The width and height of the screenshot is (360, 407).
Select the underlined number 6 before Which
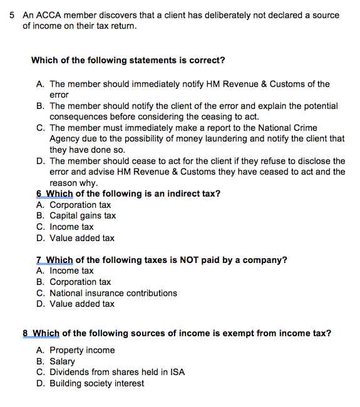[39, 193]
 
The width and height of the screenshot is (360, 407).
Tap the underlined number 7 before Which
[39, 260]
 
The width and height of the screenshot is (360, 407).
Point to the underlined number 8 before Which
[26, 333]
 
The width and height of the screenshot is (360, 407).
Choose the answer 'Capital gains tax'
[83, 216]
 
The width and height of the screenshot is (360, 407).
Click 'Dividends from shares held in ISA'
[117, 372]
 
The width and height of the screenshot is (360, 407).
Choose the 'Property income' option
[82, 350]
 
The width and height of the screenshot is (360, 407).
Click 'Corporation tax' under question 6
[80, 205]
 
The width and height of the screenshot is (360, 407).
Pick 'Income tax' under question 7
[71, 270]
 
